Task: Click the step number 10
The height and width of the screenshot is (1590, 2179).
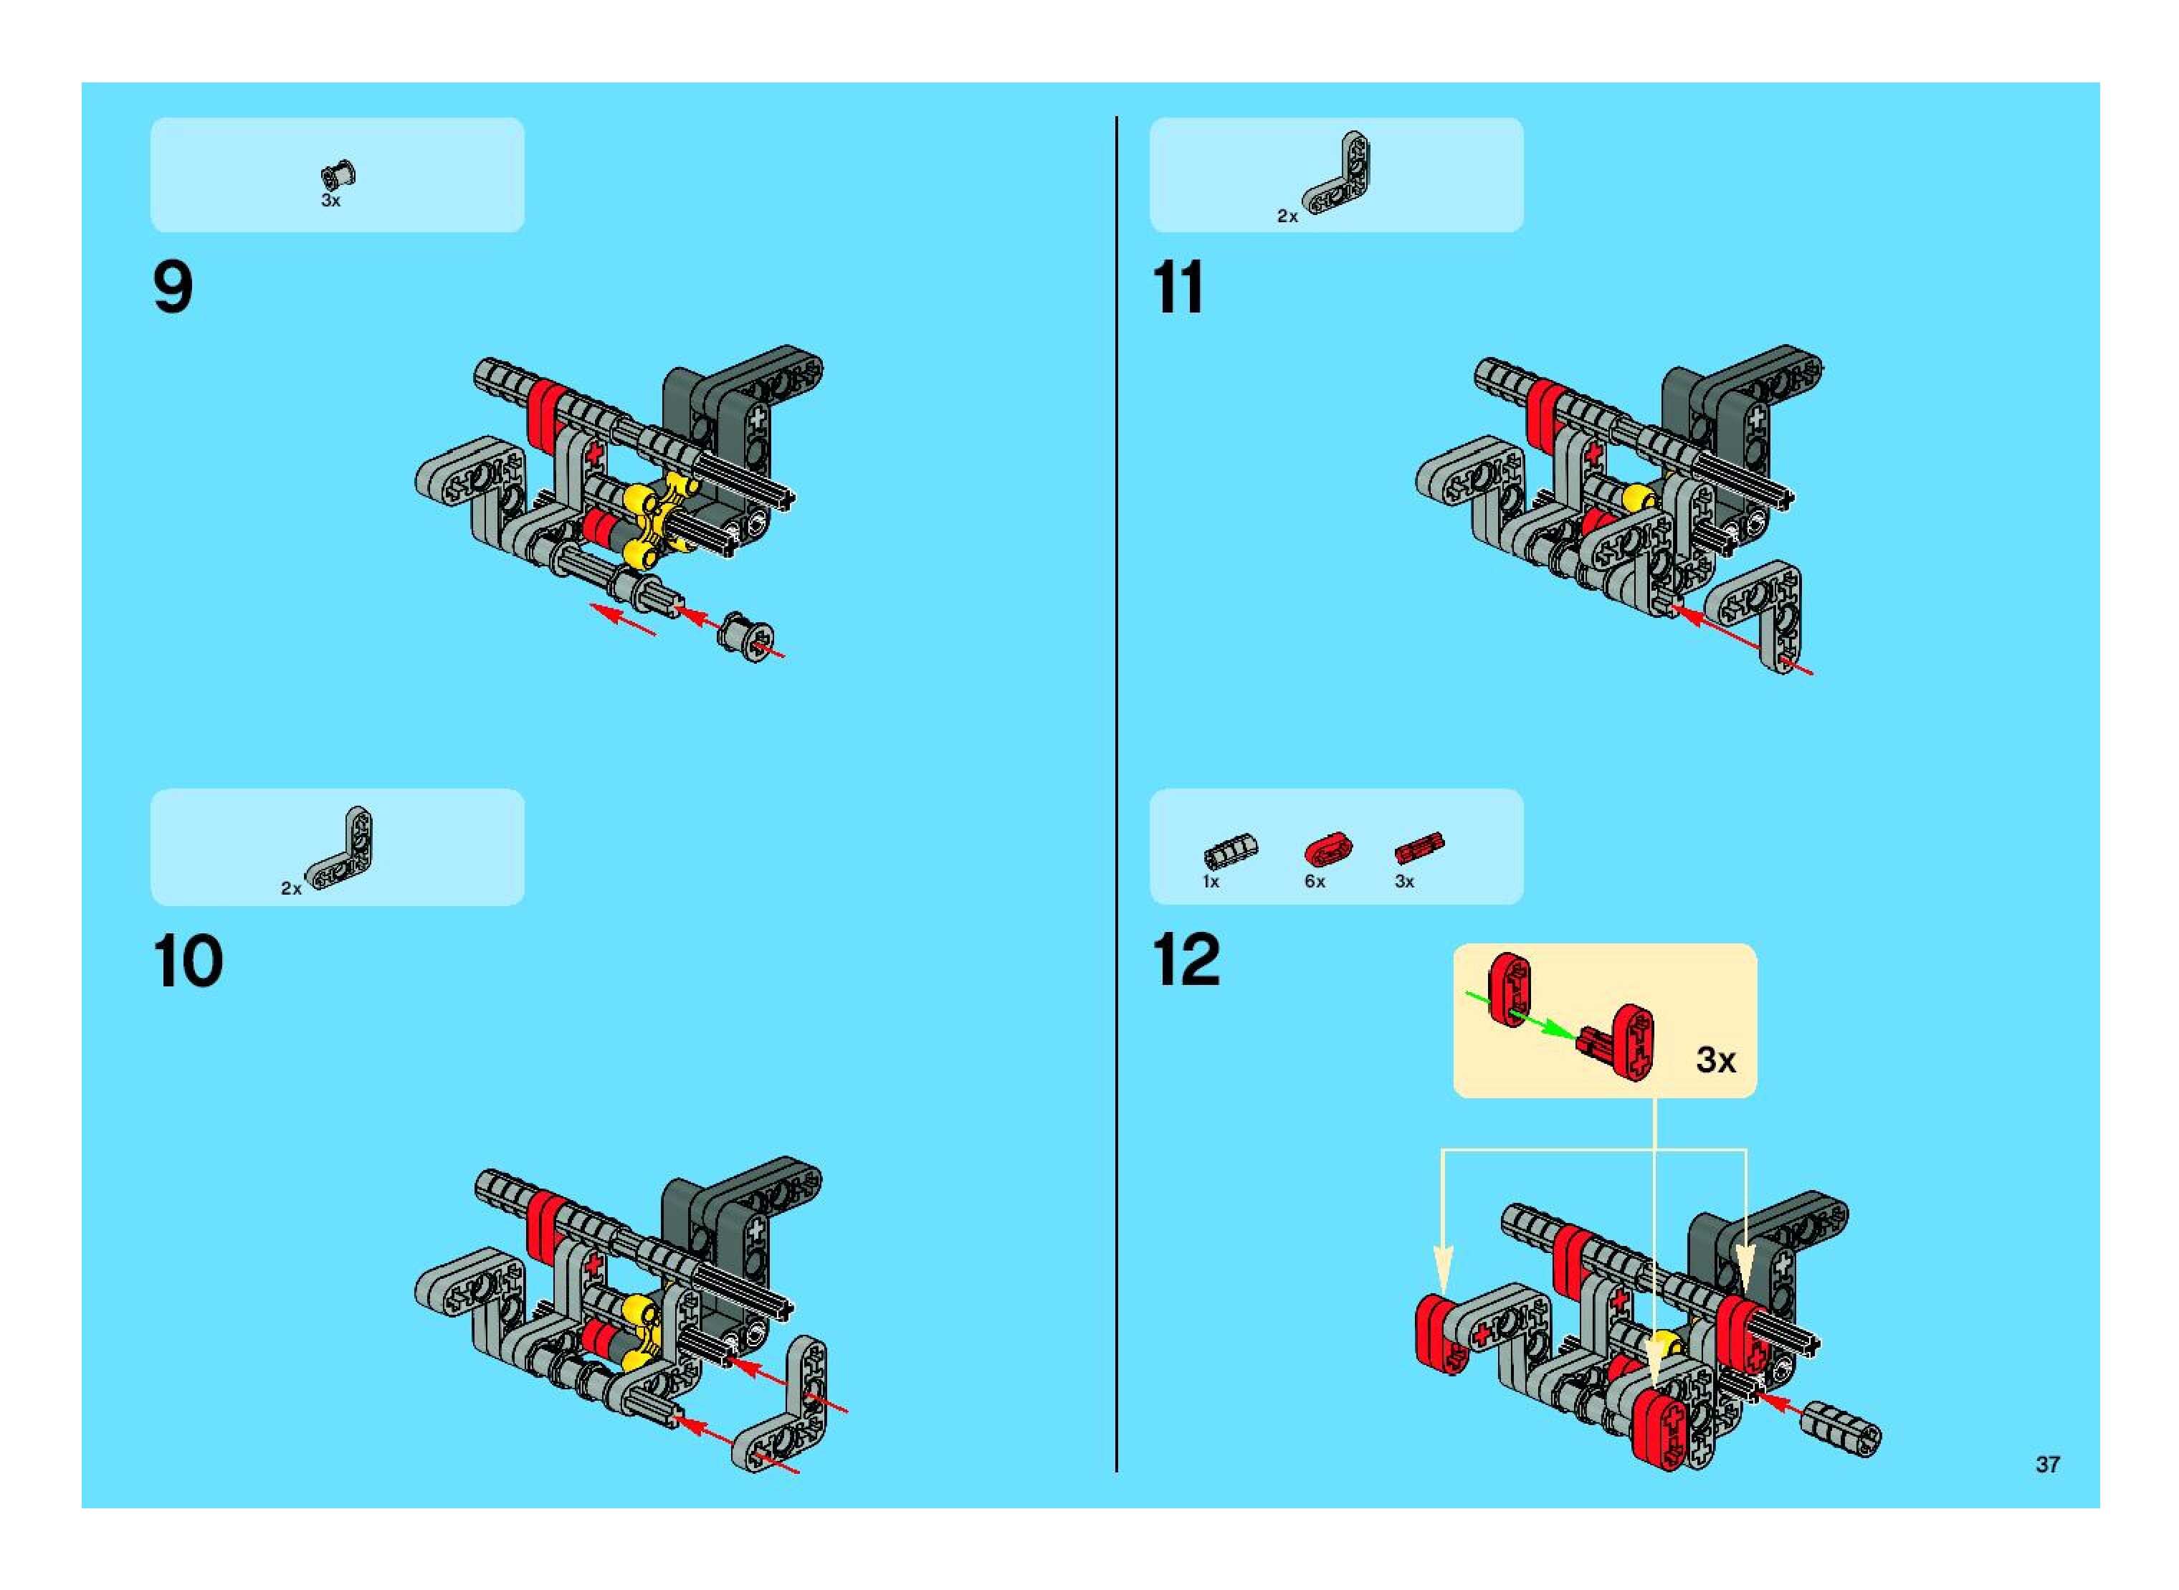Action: [188, 961]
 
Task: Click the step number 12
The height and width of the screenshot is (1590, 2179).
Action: [1186, 960]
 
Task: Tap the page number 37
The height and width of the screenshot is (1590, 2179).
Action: [2047, 1464]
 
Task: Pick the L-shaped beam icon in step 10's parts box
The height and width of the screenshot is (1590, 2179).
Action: [342, 851]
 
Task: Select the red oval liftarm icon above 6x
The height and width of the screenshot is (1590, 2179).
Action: [1327, 849]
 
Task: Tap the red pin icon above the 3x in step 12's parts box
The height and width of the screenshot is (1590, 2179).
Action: [1419, 848]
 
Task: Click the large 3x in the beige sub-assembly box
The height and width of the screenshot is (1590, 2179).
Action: [1715, 1060]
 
